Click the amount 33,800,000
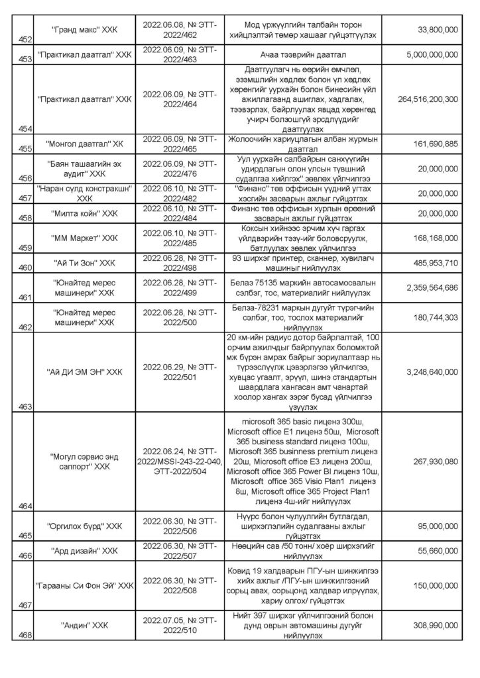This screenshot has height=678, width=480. tap(432, 30)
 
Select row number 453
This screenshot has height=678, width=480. tap(27, 58)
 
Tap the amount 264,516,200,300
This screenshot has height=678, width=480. tap(420, 99)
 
